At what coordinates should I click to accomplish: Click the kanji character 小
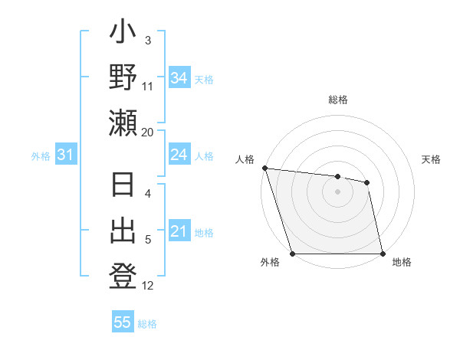[x=123, y=37]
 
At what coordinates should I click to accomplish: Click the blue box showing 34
[x=179, y=78]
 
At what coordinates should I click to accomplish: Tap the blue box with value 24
[x=179, y=155]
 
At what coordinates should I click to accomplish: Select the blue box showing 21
[x=179, y=232]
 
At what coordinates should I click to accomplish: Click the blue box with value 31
[x=65, y=155]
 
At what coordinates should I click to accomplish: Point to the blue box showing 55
[x=123, y=322]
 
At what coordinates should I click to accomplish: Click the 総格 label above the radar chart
[x=338, y=100]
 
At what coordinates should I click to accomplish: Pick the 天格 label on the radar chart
[x=431, y=159]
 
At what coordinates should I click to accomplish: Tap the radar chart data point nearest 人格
[x=264, y=168]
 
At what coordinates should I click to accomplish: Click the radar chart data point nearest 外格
[x=293, y=254]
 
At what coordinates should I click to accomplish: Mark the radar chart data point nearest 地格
[x=383, y=254]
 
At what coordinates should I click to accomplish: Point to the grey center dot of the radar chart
[x=338, y=191]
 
